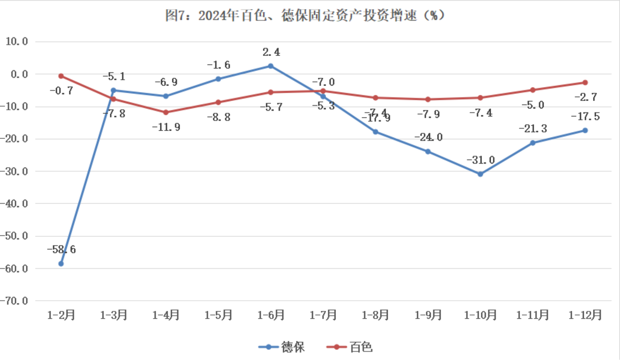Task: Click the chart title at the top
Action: click(x=305, y=16)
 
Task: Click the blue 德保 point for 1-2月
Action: click(x=61, y=264)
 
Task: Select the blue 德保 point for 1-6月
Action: click(x=270, y=66)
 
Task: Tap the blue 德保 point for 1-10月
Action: click(x=480, y=174)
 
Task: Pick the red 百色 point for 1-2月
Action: click(x=61, y=76)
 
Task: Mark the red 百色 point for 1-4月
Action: click(x=166, y=112)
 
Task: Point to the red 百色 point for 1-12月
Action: click(x=585, y=83)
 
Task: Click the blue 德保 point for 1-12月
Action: click(x=585, y=130)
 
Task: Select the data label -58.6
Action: click(x=61, y=249)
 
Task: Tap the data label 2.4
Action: click(x=271, y=52)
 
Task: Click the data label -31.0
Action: click(x=481, y=160)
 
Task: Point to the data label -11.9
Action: click(x=166, y=127)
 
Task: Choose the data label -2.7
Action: click(x=586, y=97)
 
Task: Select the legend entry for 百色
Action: click(x=350, y=347)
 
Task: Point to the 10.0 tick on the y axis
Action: click(x=17, y=42)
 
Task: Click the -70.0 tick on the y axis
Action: click(x=14, y=301)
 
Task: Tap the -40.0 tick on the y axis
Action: click(x=14, y=204)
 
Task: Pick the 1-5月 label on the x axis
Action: click(x=218, y=315)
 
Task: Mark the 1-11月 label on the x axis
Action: click(x=532, y=315)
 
